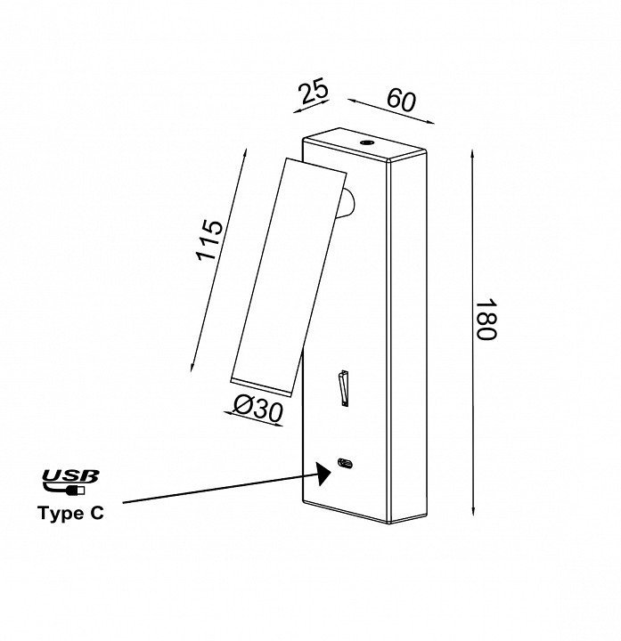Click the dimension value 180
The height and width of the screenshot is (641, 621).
(x=485, y=320)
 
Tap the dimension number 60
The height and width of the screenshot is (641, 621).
(x=402, y=101)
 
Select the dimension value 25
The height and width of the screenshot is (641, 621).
(x=314, y=92)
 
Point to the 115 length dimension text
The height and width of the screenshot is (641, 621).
(x=210, y=240)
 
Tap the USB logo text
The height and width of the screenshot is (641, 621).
(x=70, y=476)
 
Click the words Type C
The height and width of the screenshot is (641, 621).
(x=70, y=514)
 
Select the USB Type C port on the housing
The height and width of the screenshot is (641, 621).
(x=344, y=463)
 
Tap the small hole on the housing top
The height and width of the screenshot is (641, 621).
(x=365, y=142)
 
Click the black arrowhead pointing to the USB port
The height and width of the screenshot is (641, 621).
(x=321, y=472)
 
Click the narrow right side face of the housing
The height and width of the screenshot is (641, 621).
(x=410, y=338)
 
